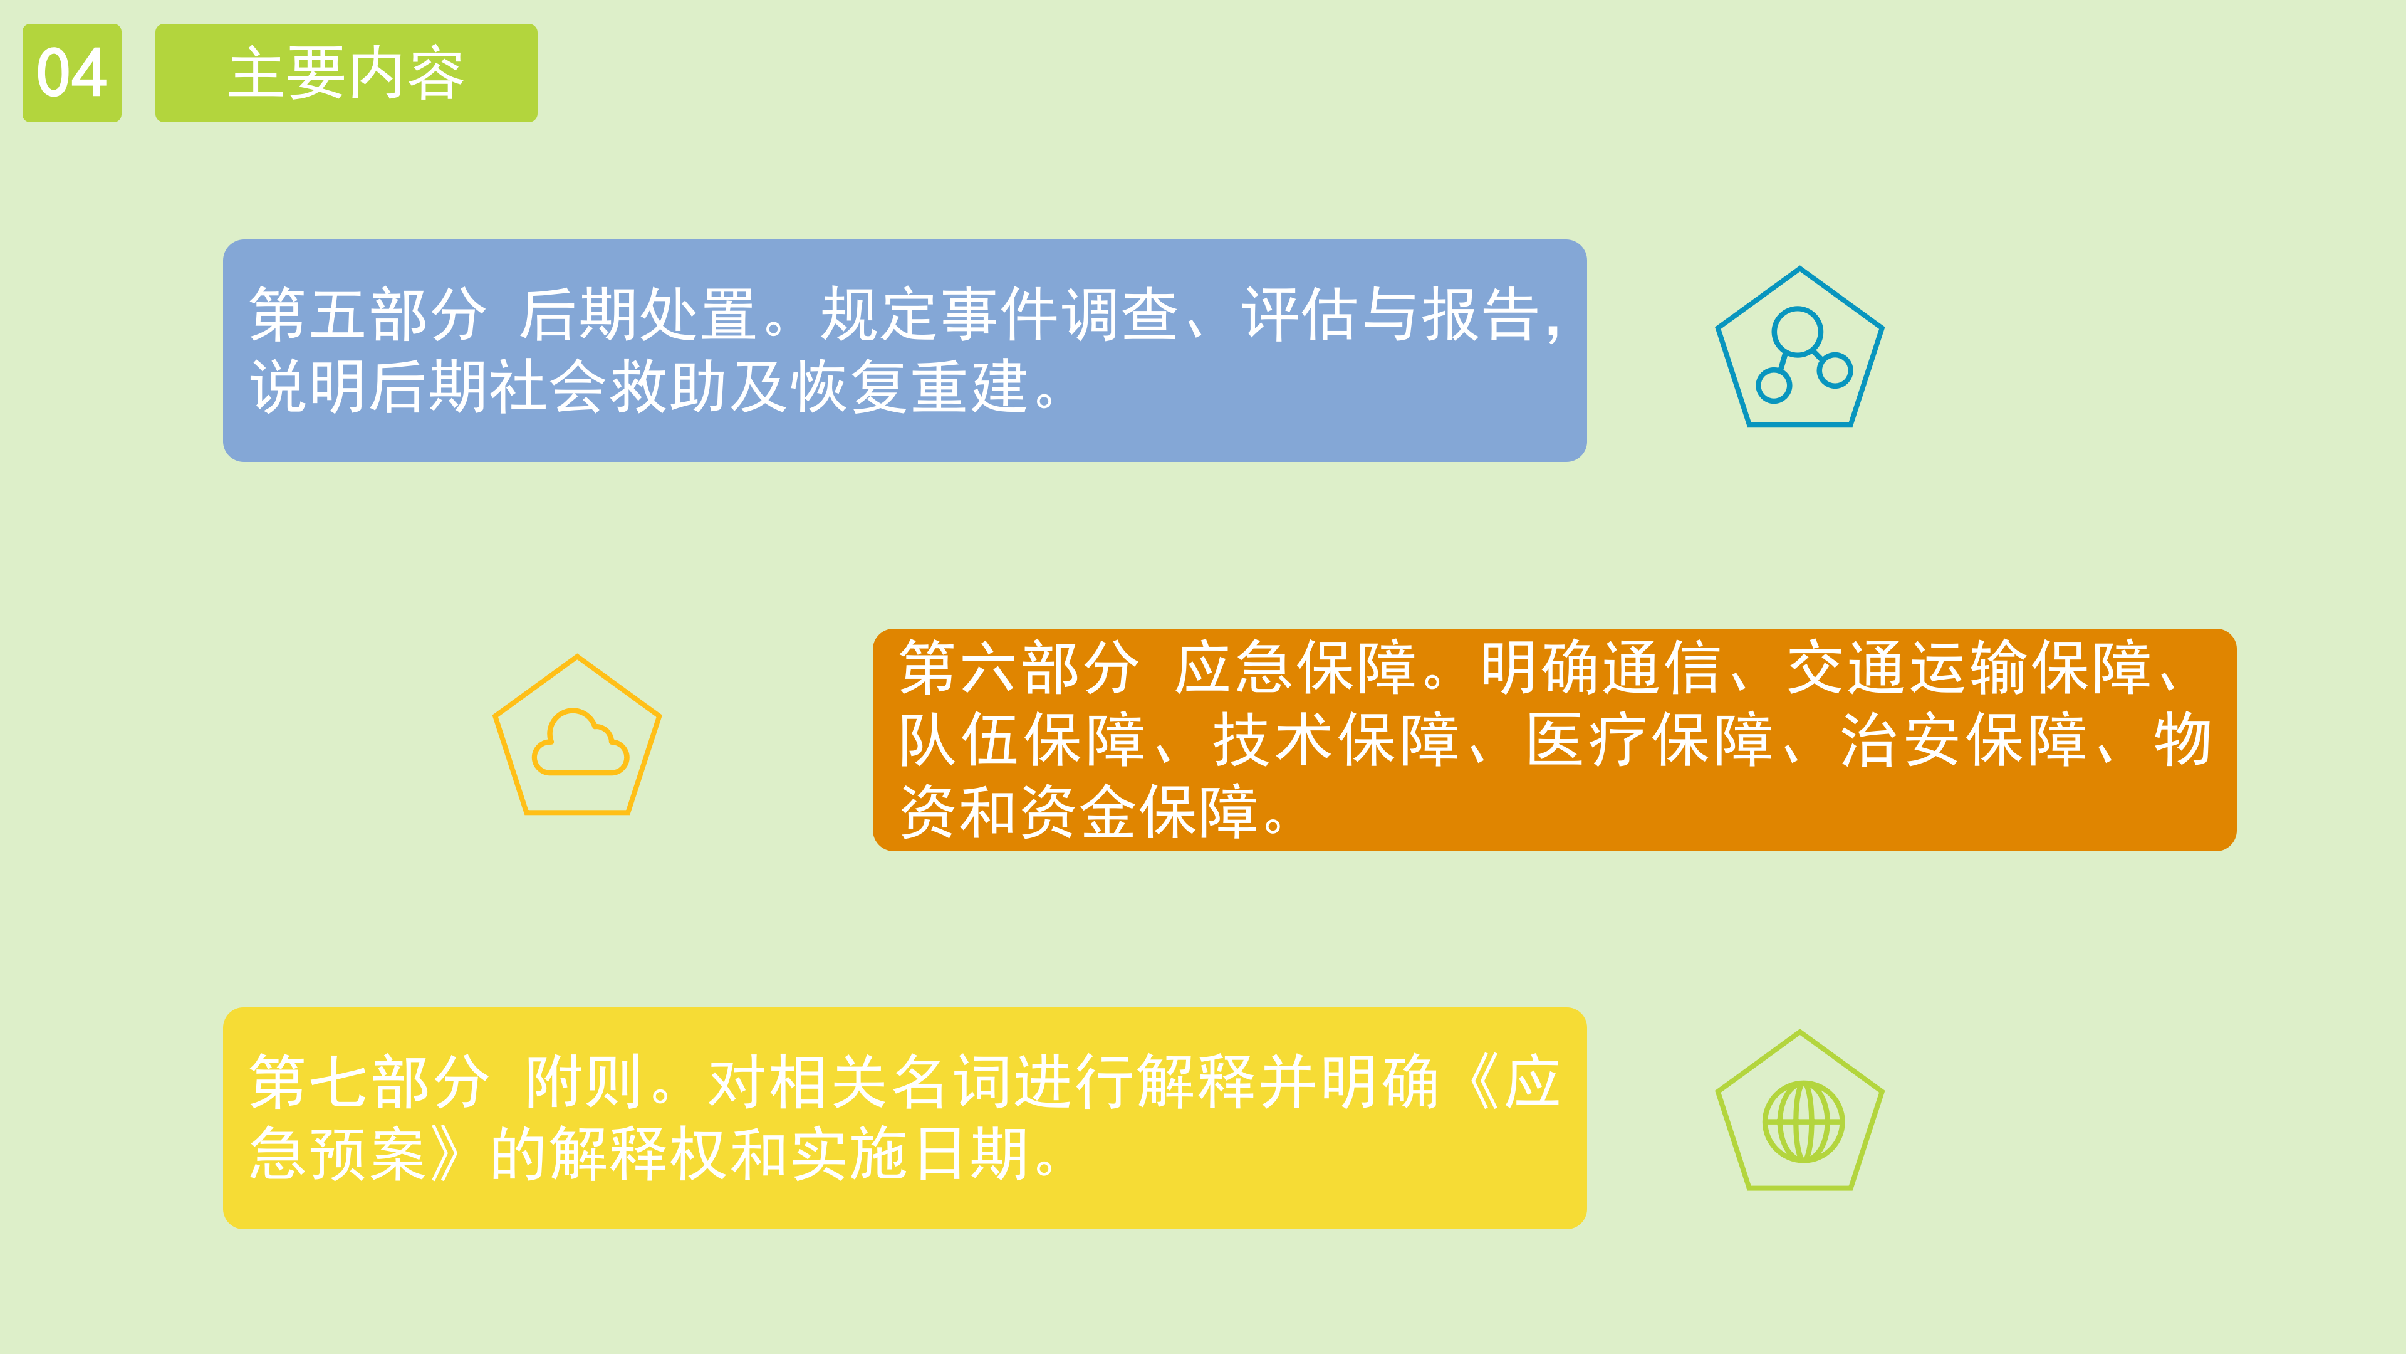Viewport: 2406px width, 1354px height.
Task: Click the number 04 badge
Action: point(72,73)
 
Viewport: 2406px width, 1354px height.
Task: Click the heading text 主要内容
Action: point(346,73)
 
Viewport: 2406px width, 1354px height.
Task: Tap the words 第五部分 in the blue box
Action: point(367,314)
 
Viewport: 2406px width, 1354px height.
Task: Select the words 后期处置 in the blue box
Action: point(638,314)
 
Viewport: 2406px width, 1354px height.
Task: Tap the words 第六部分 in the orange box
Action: point(1018,667)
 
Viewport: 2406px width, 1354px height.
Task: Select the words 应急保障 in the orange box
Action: point(1294,667)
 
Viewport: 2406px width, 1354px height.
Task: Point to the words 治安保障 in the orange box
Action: point(1962,739)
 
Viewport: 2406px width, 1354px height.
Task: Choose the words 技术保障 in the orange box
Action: point(1336,739)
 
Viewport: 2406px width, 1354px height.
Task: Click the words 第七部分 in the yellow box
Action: point(369,1081)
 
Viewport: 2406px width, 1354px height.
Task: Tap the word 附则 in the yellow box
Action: point(584,1081)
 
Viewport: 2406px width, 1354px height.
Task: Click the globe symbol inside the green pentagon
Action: point(1803,1121)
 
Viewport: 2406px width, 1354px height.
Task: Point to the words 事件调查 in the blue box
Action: point(1060,314)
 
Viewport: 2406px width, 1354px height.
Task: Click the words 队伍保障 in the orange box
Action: point(1022,739)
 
